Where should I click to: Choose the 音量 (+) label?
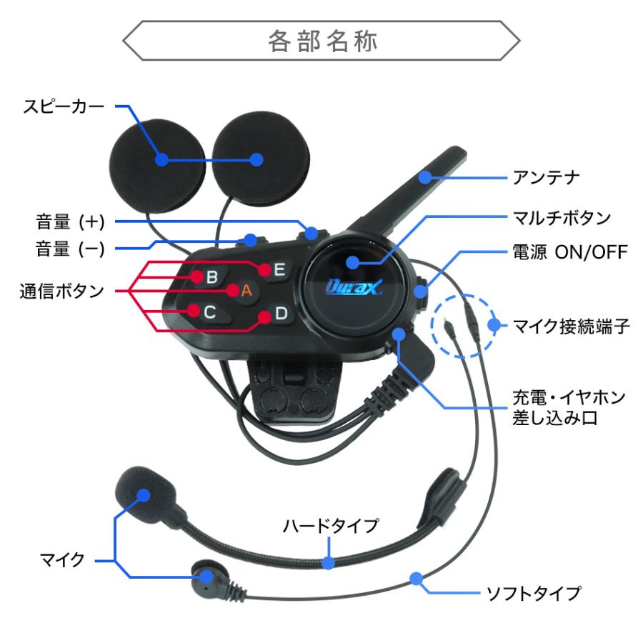pos(71,221)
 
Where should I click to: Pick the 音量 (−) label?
pos(71,249)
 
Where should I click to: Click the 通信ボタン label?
pos(61,291)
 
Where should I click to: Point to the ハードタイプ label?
pos(330,527)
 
